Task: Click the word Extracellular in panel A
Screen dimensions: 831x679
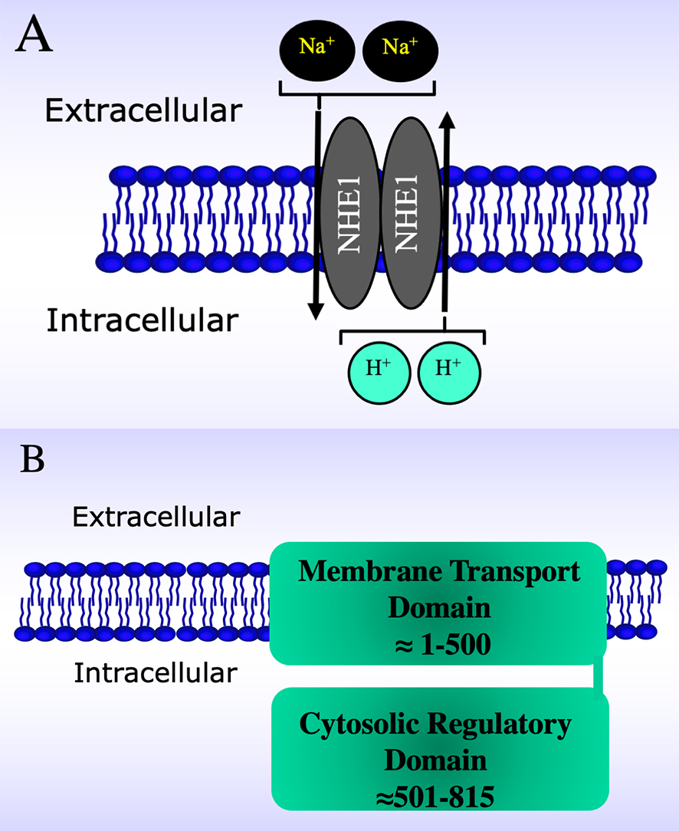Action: (x=143, y=111)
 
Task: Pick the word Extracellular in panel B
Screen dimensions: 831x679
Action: (x=156, y=517)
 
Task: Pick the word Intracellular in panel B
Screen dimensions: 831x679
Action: (x=156, y=674)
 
